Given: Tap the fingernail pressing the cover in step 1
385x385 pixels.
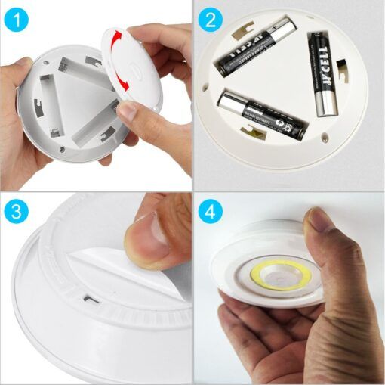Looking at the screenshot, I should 127,112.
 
